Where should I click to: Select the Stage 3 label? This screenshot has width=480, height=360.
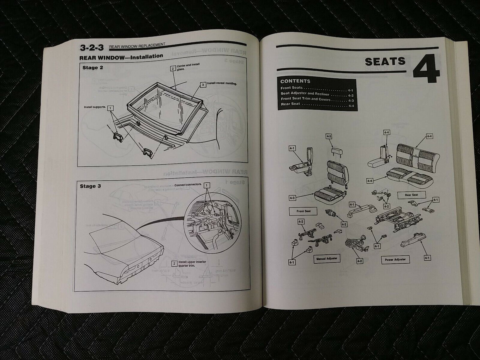click(90, 186)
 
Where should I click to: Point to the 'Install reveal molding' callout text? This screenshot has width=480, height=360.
click(222, 84)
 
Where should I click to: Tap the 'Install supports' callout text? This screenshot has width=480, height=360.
click(95, 107)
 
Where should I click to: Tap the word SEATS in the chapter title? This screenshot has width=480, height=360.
click(385, 61)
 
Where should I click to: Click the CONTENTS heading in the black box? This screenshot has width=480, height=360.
click(295, 81)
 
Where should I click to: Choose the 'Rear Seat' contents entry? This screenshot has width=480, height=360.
click(291, 104)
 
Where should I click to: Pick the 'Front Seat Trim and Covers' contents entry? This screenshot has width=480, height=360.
click(305, 99)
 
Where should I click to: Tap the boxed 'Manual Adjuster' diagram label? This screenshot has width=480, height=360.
click(326, 258)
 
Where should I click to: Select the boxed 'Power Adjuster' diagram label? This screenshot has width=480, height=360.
click(395, 259)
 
